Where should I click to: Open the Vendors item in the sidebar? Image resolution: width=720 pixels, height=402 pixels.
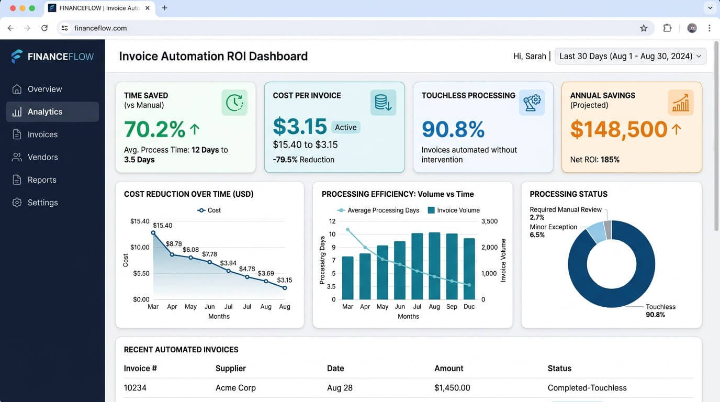[x=42, y=157]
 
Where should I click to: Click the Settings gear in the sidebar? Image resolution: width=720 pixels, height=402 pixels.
[x=17, y=203]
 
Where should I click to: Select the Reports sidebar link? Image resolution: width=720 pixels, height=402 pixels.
[x=42, y=180]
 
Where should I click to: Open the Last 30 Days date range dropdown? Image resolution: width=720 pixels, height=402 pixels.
[x=630, y=56]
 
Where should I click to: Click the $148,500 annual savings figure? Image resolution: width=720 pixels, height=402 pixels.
[x=618, y=130]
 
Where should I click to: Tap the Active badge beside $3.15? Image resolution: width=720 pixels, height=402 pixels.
[x=345, y=127]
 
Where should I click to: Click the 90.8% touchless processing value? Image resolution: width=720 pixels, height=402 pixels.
[x=453, y=130]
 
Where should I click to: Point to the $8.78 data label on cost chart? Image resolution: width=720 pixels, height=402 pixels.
[x=174, y=244]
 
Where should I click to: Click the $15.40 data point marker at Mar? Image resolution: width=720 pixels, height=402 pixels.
[x=153, y=232]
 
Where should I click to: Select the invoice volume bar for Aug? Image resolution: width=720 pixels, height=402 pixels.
[x=434, y=266]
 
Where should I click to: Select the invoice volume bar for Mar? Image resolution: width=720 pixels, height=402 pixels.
[x=347, y=278]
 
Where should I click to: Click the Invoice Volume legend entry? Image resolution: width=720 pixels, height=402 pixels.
[x=454, y=210]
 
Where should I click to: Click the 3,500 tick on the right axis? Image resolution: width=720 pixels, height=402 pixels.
[x=489, y=221]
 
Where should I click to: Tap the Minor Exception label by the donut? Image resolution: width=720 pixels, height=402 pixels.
[x=553, y=227]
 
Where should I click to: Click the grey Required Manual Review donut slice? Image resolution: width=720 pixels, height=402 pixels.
[x=607, y=229]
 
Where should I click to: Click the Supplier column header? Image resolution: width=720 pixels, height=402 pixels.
[x=230, y=368]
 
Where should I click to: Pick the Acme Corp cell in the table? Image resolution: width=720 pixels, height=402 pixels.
[x=235, y=388]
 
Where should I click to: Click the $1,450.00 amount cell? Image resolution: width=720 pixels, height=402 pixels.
[x=452, y=388]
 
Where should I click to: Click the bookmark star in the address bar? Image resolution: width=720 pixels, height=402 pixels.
[x=644, y=28]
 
